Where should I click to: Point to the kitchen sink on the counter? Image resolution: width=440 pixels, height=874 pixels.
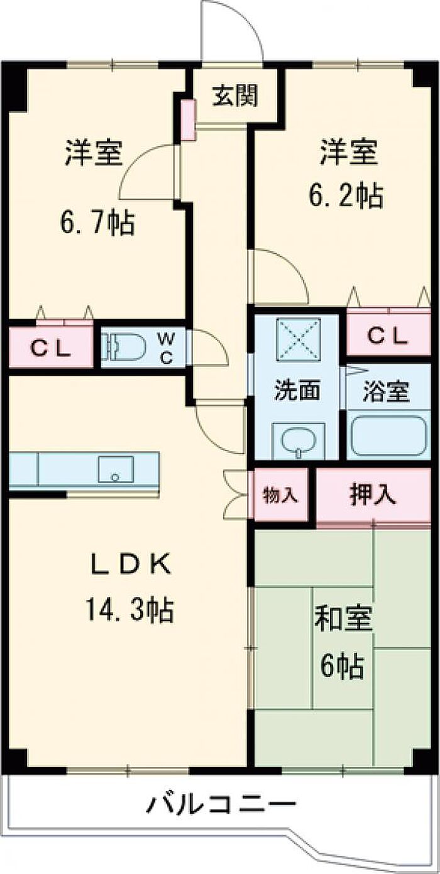coord(116,469)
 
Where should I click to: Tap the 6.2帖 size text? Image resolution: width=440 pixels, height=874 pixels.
coord(344,197)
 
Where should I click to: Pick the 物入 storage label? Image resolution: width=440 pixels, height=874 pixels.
coord(280,495)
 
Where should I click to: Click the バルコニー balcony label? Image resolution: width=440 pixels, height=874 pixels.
coord(221,805)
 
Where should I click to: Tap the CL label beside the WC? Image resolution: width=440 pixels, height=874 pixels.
coord(49,347)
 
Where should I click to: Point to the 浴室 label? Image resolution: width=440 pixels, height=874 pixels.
coord(386,392)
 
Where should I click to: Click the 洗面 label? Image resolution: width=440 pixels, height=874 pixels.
coord(297,391)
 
